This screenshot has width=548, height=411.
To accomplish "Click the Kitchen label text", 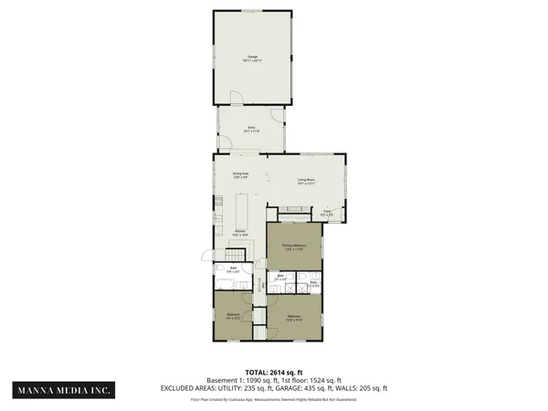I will click(x=238, y=233).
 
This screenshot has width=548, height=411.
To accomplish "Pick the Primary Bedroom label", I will click(x=292, y=248).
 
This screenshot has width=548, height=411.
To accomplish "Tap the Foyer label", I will click(x=327, y=214).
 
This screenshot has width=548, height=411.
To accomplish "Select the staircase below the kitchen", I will click(x=232, y=252).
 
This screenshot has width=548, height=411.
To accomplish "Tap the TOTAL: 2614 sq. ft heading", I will click(x=274, y=372).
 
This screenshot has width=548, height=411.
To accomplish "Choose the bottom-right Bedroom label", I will click(x=294, y=319).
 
